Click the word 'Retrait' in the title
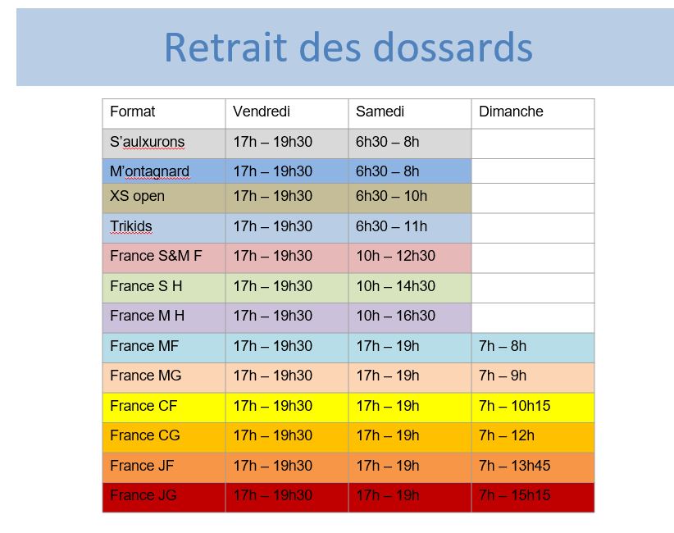pyautogui.click(x=225, y=48)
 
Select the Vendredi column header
pyautogui.click(x=262, y=112)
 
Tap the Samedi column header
pyautogui.click(x=380, y=112)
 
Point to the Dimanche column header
pyautogui.click(x=511, y=112)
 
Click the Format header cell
pyautogui.click(x=132, y=112)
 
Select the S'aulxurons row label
pyautogui.click(x=148, y=142)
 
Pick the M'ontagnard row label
pyautogui.click(x=149, y=171)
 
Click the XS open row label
pyautogui.click(x=137, y=196)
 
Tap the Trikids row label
pyautogui.click(x=131, y=226)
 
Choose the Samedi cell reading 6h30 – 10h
pyautogui.click(x=392, y=196)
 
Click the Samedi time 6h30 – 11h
pyautogui.click(x=392, y=226)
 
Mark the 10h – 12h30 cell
pyautogui.click(x=396, y=256)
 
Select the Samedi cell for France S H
pyautogui.click(x=396, y=286)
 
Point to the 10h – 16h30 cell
pyautogui.click(x=396, y=316)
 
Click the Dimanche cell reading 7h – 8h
pyautogui.click(x=503, y=345)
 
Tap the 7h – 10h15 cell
pyautogui.click(x=515, y=405)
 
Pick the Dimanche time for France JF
pyautogui.click(x=515, y=466)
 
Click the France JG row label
pyautogui.click(x=143, y=495)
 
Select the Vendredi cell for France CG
pyautogui.click(x=273, y=435)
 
